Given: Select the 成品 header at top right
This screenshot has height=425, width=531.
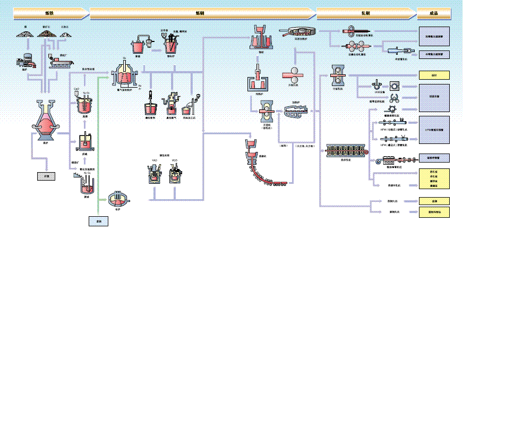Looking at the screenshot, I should coord(434,13).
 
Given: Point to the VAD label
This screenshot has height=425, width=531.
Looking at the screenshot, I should coord(155,160).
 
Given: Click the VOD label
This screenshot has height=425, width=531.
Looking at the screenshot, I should coord(174,160).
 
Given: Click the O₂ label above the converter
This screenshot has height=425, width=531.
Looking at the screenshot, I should coord(124,57).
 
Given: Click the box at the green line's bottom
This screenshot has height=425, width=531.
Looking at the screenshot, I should coord(98,222).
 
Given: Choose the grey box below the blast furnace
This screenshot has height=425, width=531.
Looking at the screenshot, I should coord(46,176).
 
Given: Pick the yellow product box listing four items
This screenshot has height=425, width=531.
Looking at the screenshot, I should coord(434,179).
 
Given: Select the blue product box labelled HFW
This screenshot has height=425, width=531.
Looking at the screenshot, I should coord(434,130).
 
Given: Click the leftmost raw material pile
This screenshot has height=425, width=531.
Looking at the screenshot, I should coord(24,33).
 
